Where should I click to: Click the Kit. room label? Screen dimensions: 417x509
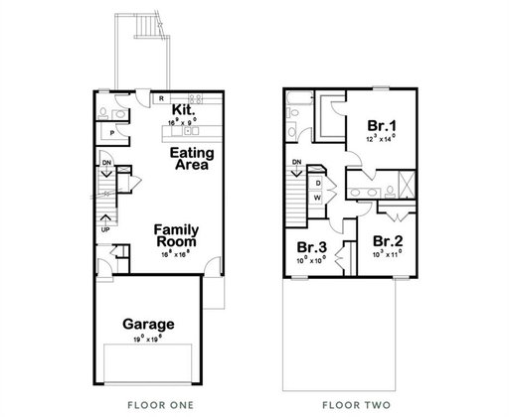pyautogui.click(x=182, y=109)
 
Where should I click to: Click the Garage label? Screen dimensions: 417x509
pyautogui.click(x=148, y=324)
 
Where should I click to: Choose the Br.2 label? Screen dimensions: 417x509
pyautogui.click(x=387, y=240)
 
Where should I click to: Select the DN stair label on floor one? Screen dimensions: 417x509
pyautogui.click(x=105, y=162)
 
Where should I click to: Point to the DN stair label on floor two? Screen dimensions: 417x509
pyautogui.click(x=296, y=162)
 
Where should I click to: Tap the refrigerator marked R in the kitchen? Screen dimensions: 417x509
pyautogui.click(x=161, y=97)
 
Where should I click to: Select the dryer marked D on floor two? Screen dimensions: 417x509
pyautogui.click(x=317, y=183)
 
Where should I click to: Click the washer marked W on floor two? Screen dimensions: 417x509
pyautogui.click(x=317, y=197)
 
